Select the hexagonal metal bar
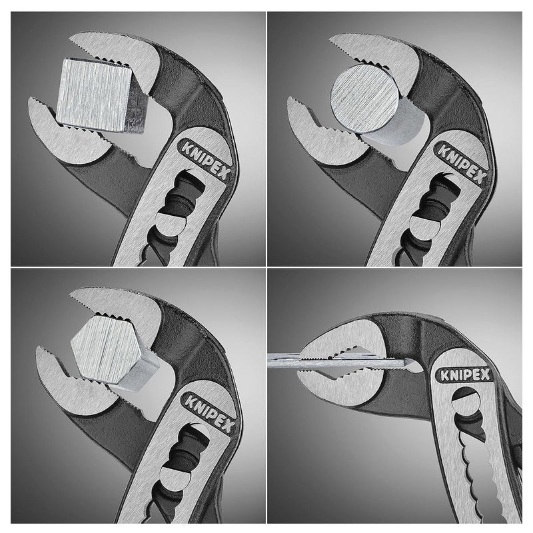(x=110, y=353)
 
